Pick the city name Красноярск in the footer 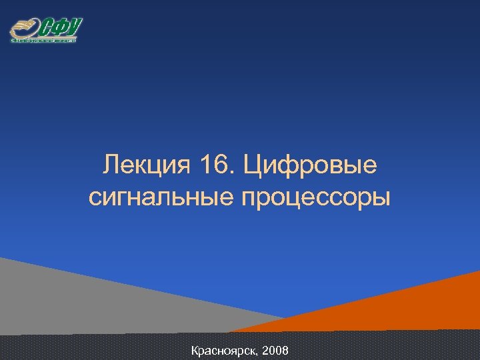pyautogui.click(x=224, y=350)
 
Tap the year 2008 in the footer pyautogui.click(x=275, y=350)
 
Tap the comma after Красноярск pyautogui.click(x=259, y=353)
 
